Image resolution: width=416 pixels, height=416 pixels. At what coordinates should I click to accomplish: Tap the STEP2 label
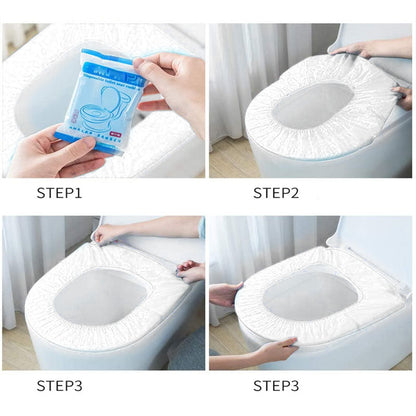tap(277, 192)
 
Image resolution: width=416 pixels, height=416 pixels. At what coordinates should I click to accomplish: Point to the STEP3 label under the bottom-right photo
tap(277, 384)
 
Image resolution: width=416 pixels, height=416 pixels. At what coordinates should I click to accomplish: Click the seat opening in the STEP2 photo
tap(313, 104)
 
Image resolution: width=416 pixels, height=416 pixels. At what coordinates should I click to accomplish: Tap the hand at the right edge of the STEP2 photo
tap(404, 95)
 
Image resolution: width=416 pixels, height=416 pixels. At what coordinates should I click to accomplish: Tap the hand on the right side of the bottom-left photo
tap(190, 270)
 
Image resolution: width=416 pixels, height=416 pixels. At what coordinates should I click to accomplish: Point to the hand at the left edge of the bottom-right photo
tap(225, 294)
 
